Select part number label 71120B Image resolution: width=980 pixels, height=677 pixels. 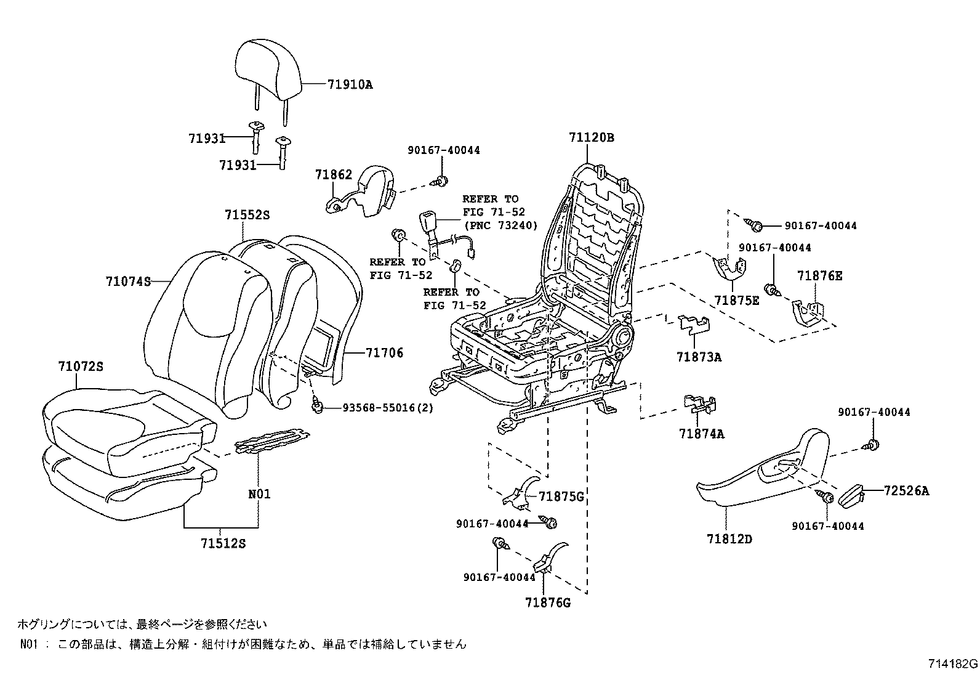pos(591,137)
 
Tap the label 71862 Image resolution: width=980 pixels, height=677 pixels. pos(333,175)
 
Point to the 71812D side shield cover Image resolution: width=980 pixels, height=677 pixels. pos(757,479)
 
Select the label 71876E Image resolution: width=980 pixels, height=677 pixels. pos(819,276)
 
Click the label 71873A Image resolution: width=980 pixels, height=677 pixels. pos(699,357)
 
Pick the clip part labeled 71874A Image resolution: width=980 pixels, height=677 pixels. pos(701,403)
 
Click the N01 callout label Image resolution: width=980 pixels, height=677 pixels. pos(259,494)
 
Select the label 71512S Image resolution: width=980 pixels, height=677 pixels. pos(223,543)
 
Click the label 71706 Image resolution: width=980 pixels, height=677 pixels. pos(384,352)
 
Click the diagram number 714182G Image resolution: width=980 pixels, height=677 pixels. pos(953,664)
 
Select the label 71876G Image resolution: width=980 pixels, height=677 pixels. pos(548,602)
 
